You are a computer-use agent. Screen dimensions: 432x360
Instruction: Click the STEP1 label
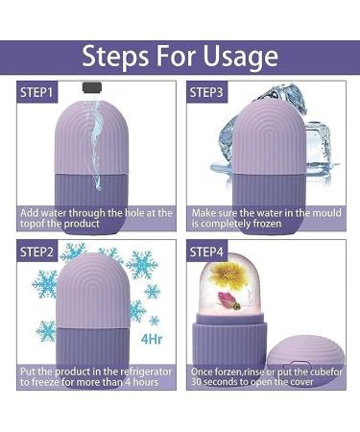[37, 92]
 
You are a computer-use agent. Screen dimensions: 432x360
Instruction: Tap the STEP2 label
[37, 253]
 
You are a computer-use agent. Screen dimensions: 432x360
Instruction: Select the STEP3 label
[207, 92]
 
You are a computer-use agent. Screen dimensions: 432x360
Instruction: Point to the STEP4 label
[207, 253]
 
